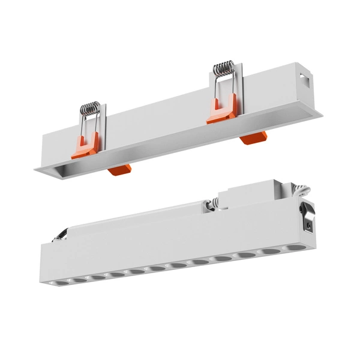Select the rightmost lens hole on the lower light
296,248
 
